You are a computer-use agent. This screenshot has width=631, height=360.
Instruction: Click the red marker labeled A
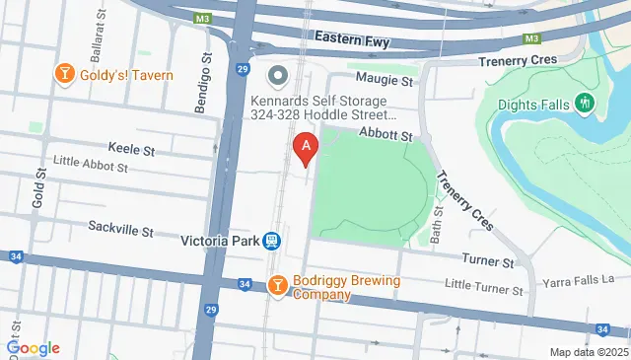[x=306, y=150]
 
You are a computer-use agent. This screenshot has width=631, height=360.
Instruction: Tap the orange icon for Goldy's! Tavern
[x=65, y=75]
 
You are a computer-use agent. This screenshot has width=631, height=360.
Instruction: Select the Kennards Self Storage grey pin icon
[x=278, y=75]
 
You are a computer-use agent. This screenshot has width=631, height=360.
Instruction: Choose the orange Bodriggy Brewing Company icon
[x=278, y=286]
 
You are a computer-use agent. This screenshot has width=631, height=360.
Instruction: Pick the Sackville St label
[x=120, y=231]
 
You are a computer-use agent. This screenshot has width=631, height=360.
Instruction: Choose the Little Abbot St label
[x=91, y=168]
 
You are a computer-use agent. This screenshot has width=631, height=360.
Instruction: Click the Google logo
[x=33, y=348]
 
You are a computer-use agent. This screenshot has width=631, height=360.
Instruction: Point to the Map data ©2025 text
[x=589, y=352]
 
